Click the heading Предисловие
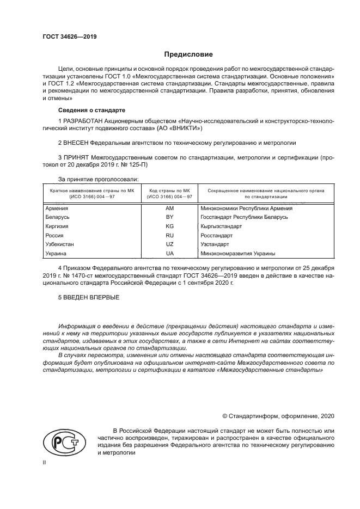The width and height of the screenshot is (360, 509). pos(188,54)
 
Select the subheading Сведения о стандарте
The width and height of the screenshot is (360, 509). pos(83,110)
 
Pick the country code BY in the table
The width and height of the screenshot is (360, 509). pos(169,217)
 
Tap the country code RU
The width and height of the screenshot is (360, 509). pos(169,236)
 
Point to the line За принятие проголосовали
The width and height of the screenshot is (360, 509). pos(98,179)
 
